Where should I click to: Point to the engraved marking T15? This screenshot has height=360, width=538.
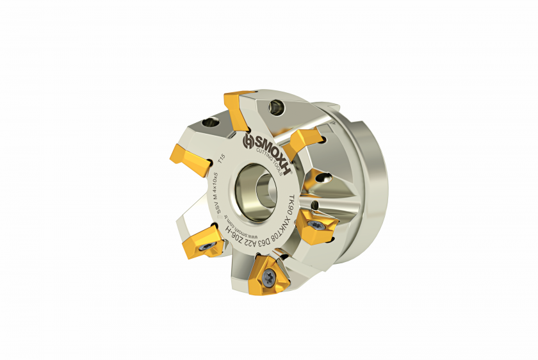click(x=222, y=158)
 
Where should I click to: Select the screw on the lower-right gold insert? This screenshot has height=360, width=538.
click(x=316, y=224)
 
